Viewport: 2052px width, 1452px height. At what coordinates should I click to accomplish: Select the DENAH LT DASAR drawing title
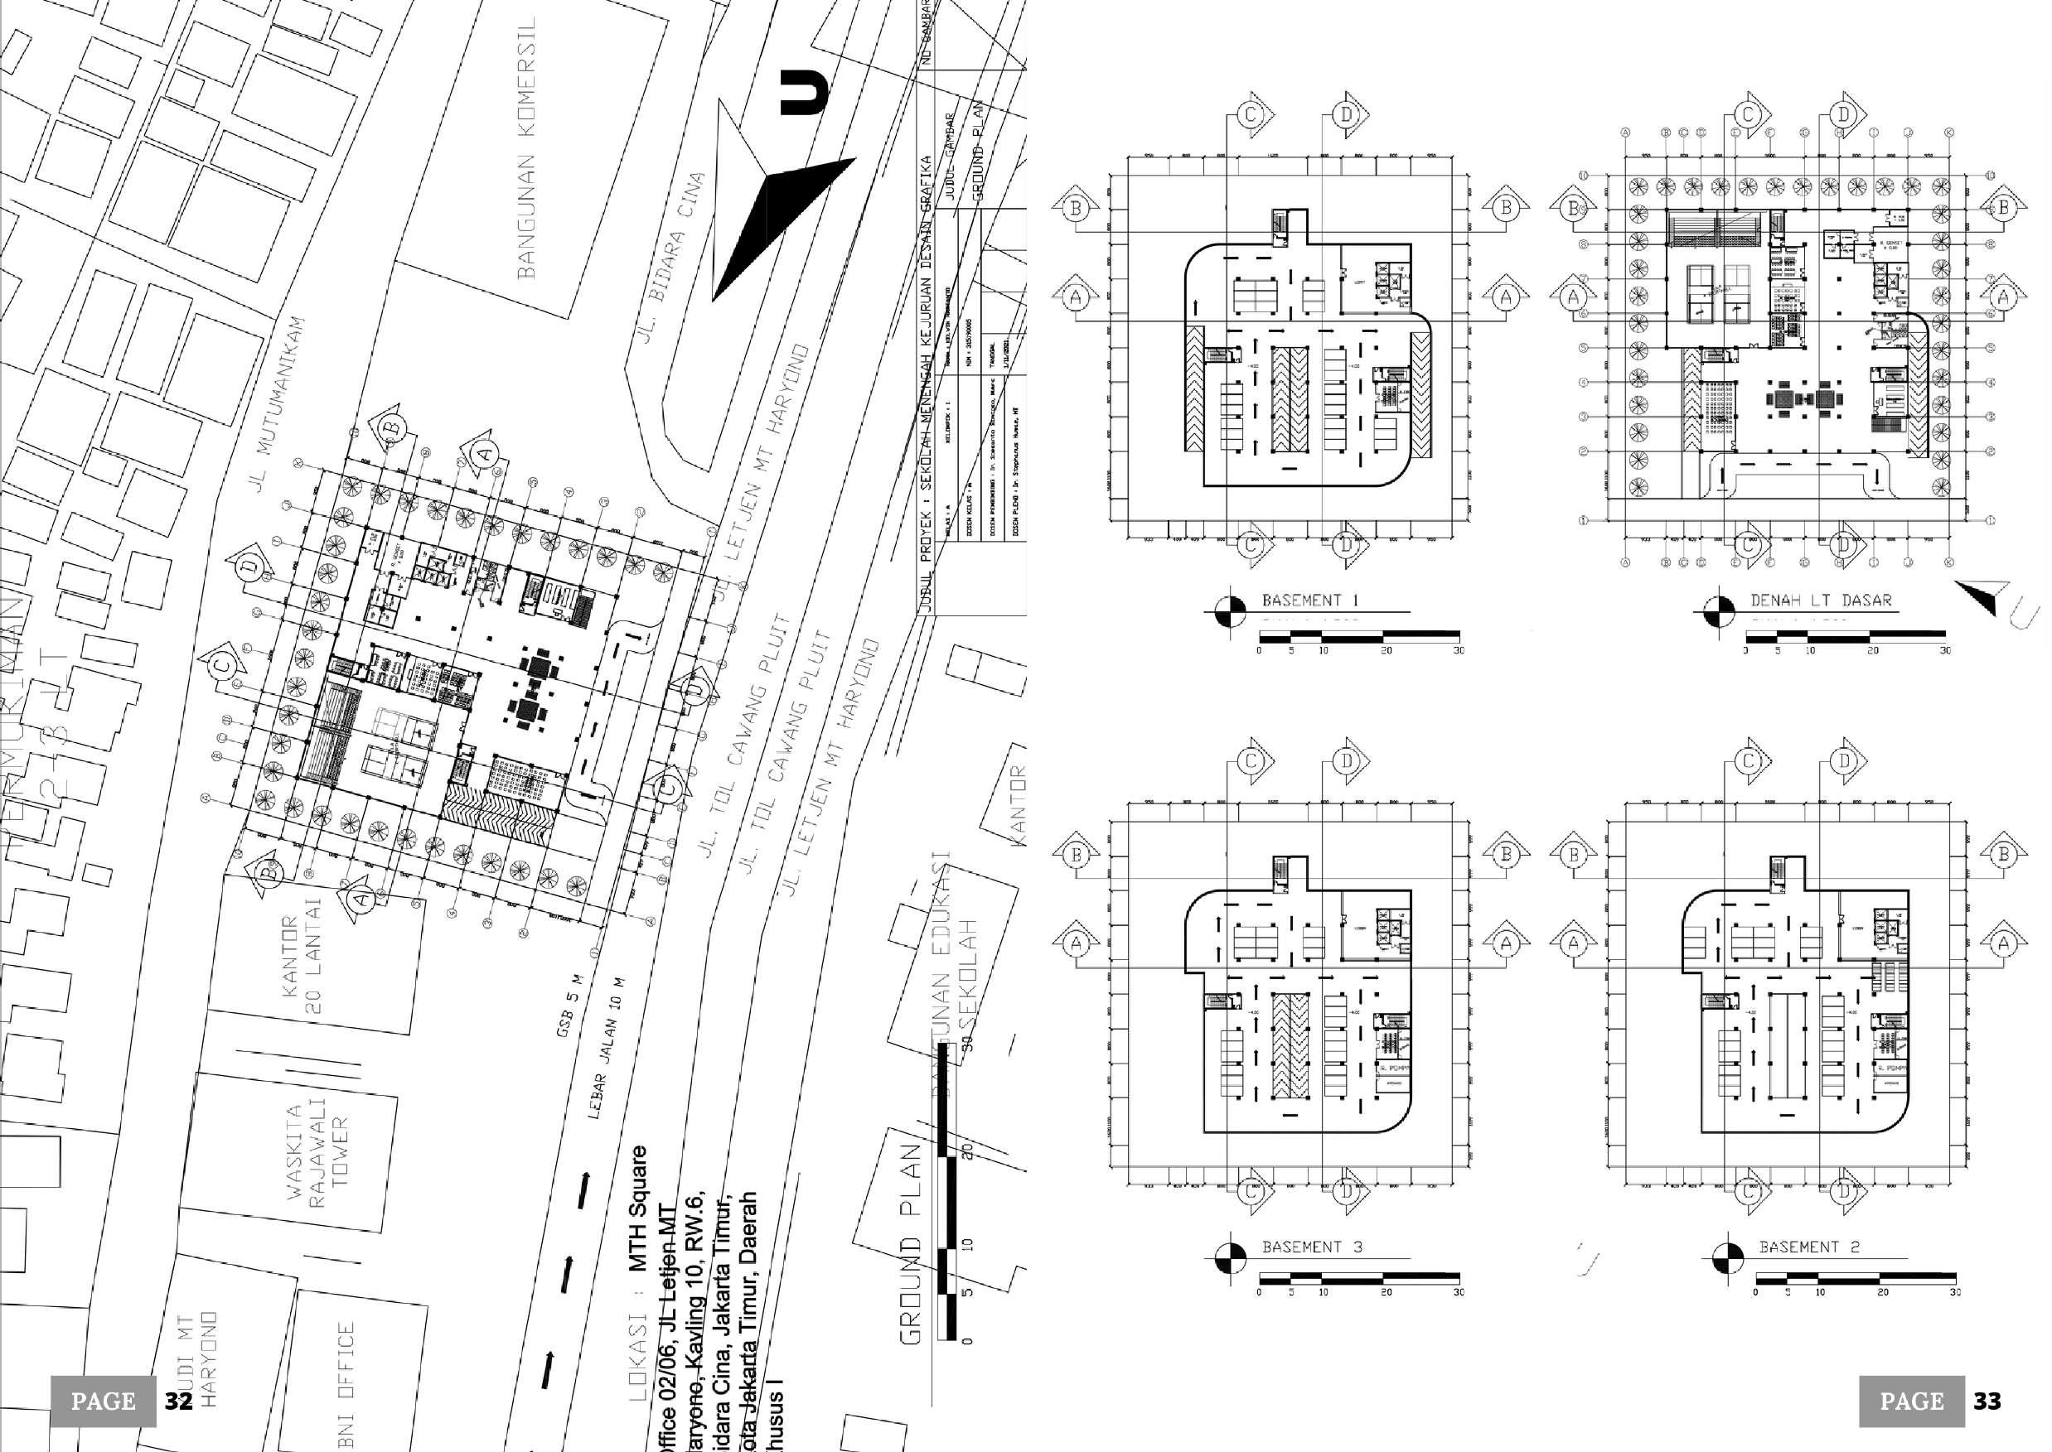1820,601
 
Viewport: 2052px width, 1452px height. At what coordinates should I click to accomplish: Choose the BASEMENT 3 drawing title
1311,1247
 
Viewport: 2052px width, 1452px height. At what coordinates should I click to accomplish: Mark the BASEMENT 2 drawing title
1808,1247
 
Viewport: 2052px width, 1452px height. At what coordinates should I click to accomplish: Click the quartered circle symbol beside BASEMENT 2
1727,1257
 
